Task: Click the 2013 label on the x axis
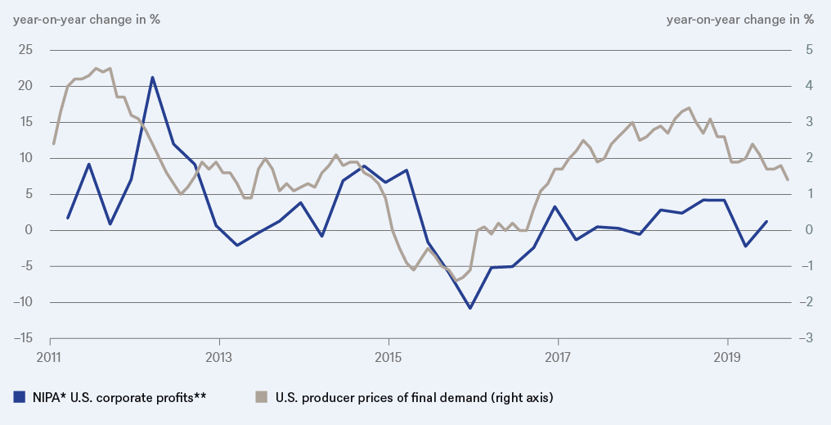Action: point(219,358)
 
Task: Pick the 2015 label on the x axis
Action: point(389,358)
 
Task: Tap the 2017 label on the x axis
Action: point(558,358)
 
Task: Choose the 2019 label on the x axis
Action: point(727,358)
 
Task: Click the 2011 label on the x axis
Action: point(50,358)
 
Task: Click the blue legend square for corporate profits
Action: point(19,397)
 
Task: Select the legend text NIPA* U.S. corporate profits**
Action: point(110,398)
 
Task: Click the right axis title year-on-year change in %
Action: point(740,19)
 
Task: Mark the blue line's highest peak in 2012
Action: point(152,77)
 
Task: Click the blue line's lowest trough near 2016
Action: point(469,308)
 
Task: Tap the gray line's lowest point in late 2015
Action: point(456,280)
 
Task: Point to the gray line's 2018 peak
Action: point(689,108)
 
